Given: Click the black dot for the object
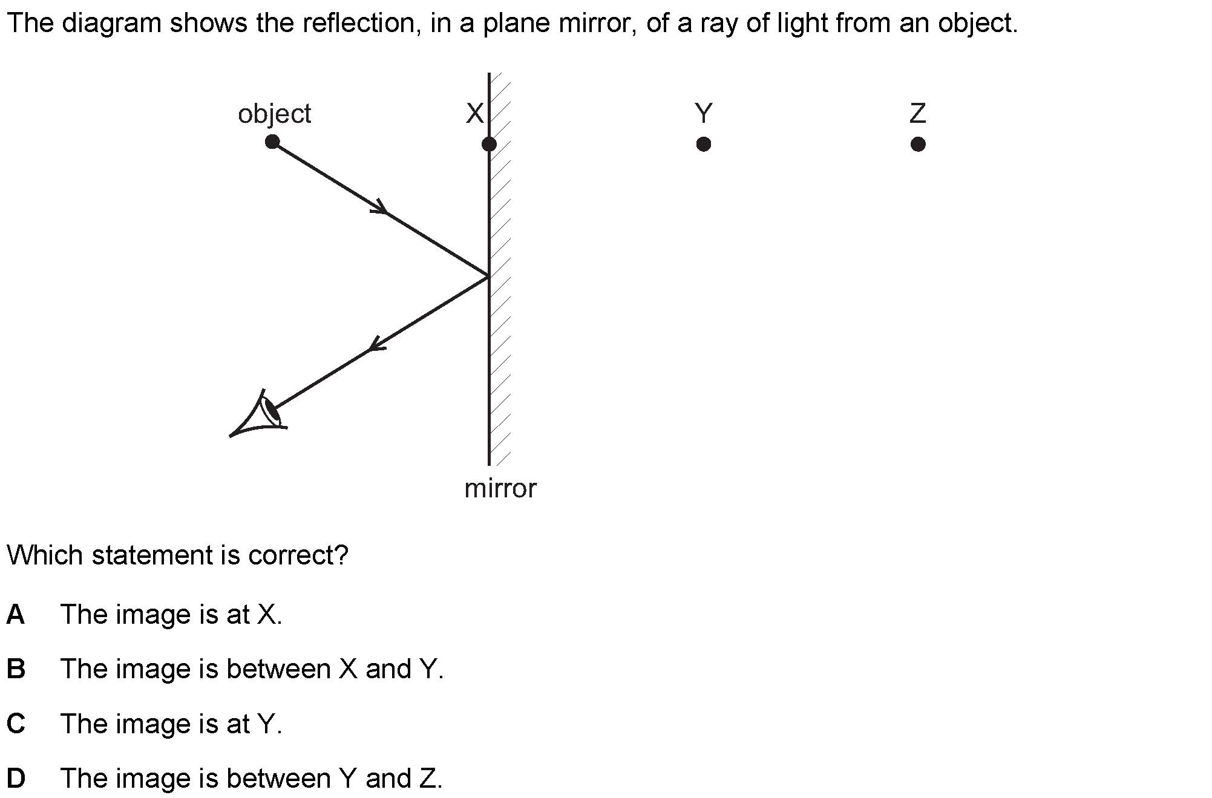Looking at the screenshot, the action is [x=272, y=142].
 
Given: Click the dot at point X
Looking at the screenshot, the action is [x=489, y=144].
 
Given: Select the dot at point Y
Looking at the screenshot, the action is [x=703, y=144].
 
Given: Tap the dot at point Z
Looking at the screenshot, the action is [x=918, y=144].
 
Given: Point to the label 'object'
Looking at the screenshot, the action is [x=274, y=114].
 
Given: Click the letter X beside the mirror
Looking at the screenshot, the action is [x=475, y=113].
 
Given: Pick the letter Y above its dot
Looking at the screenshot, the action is [x=703, y=113].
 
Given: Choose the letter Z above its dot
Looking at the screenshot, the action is [x=918, y=113].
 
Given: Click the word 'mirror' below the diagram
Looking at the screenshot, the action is [x=500, y=488].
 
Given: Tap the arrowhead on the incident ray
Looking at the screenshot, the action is [x=381, y=207].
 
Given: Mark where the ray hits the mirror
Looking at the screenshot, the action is [x=488, y=276].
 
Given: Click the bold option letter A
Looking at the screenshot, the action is [x=16, y=614].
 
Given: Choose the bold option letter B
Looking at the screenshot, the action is [x=16, y=669].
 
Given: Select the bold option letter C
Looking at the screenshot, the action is [x=16, y=724].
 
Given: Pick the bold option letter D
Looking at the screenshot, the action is [x=16, y=778].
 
